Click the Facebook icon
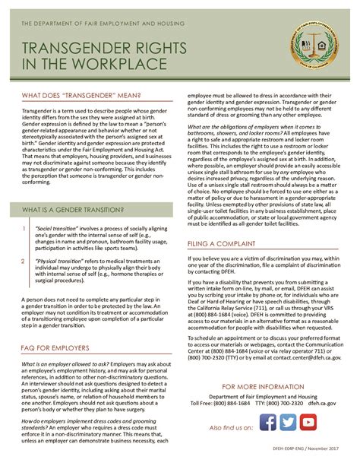[x=267, y=421]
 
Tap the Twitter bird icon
[x=286, y=421]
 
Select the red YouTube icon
[x=308, y=421]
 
